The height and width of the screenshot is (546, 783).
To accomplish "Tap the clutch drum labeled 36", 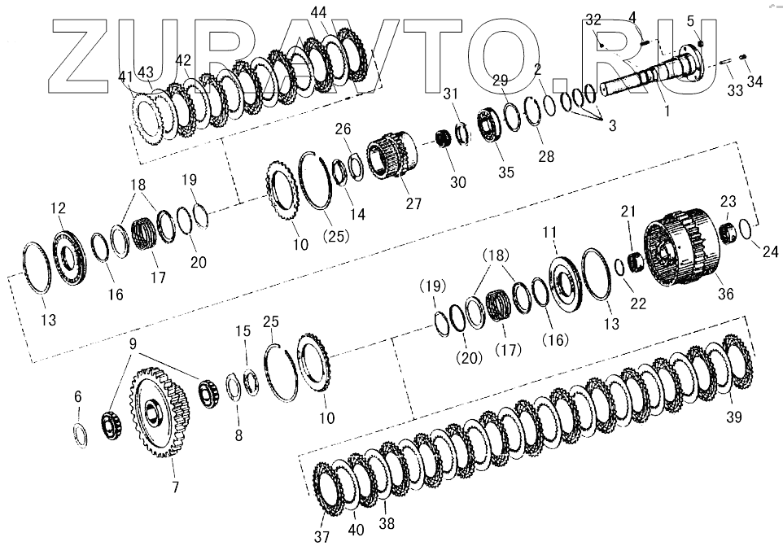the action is click(x=682, y=247).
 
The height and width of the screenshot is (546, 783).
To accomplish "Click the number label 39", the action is click(x=733, y=417).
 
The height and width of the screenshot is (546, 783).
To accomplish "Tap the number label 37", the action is click(x=322, y=536).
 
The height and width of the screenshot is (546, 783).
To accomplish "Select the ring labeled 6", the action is click(x=81, y=435).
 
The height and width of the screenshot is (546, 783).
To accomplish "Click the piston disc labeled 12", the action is click(x=69, y=258).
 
